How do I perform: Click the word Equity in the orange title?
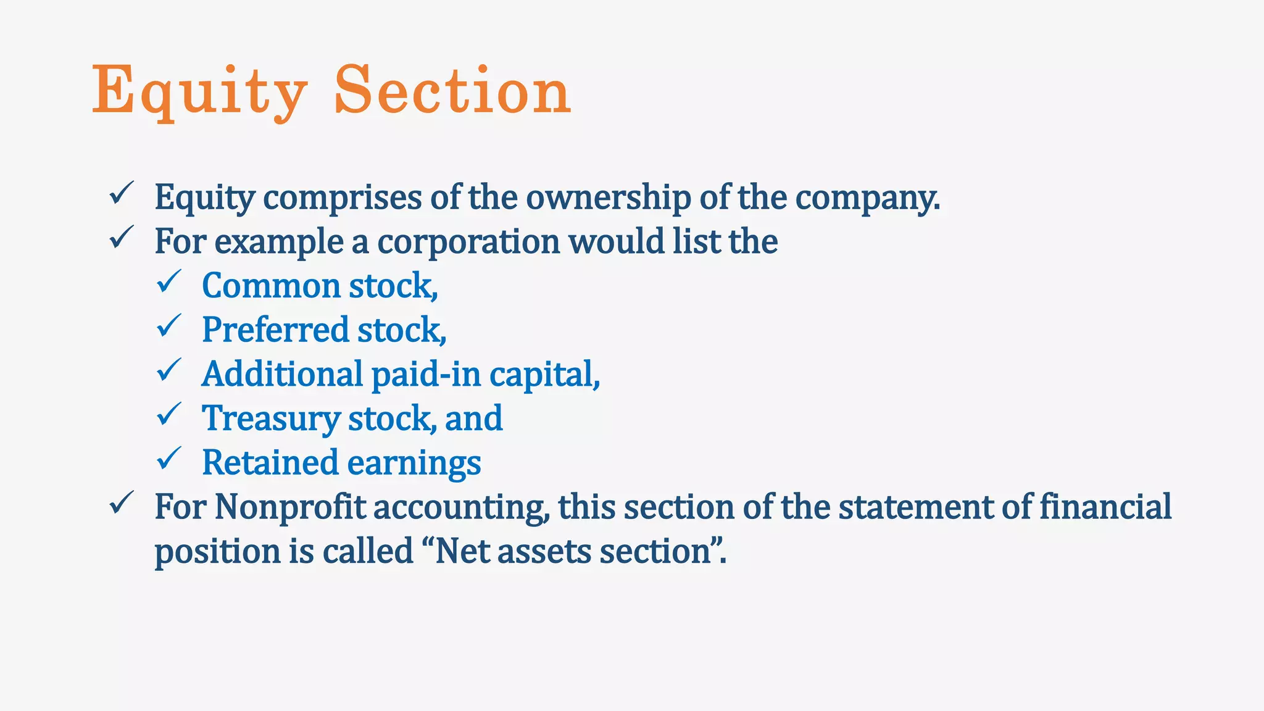[199, 91]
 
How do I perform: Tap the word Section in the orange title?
[452, 91]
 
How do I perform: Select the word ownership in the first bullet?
[608, 197]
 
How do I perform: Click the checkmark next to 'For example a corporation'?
[121, 238]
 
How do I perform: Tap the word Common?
[271, 286]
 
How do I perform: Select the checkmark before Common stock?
[168, 282]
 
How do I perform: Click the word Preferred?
[275, 330]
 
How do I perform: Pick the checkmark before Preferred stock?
[168, 326]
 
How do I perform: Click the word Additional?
[282, 374]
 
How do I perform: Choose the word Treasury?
[271, 418]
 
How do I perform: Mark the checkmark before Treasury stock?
[168, 415]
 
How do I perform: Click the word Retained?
[270, 462]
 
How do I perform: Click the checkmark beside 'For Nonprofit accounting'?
[121, 503]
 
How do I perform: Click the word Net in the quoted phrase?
[462, 551]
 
